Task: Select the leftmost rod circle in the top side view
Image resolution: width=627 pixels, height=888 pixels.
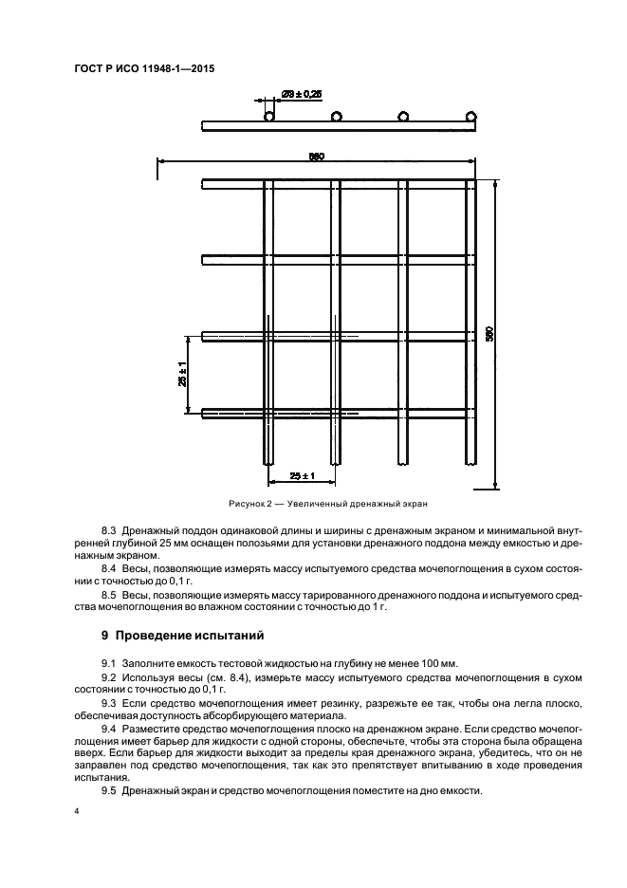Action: pos(269,117)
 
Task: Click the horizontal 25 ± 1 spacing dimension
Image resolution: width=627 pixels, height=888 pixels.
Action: pos(301,473)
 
